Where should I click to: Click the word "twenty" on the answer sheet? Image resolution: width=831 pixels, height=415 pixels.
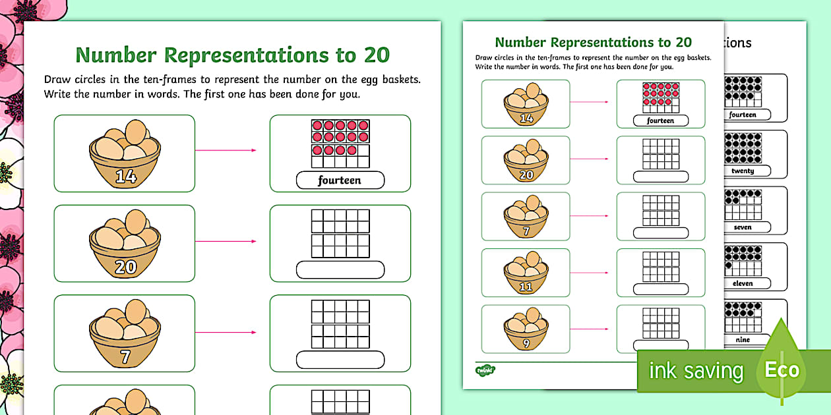pos(742,171)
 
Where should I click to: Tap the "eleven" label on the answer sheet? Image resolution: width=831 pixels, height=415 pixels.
pos(742,283)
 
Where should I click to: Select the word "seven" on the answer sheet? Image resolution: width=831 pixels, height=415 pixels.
pos(742,227)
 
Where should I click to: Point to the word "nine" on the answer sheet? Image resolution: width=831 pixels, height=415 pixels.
pos(742,339)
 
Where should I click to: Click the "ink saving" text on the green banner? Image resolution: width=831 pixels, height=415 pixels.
pos(696,371)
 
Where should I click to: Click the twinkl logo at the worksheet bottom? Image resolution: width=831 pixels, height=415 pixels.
pos(485,370)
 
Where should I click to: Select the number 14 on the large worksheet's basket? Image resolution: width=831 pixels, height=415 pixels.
pos(125,176)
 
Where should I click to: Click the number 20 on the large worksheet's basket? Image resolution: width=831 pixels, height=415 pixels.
pos(125,266)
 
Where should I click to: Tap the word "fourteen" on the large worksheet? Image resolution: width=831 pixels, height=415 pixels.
pos(340,180)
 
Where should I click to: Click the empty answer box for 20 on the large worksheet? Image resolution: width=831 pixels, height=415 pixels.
pos(340,270)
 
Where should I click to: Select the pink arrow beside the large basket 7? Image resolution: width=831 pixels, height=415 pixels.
pos(226,332)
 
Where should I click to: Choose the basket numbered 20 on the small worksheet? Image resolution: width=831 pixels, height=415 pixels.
pos(526,160)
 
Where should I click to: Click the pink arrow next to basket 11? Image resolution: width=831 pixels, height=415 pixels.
pos(589,272)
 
